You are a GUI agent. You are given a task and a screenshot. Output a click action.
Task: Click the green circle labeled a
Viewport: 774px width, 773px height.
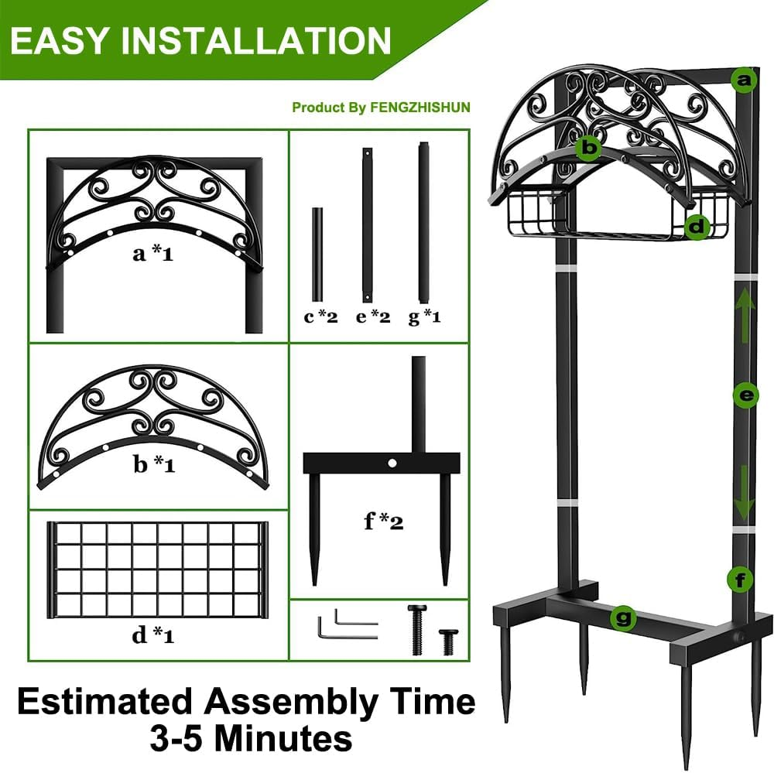743,79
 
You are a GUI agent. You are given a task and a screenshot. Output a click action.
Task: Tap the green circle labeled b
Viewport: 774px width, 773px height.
590,146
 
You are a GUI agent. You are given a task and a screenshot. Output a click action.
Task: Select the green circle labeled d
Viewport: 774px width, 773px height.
697,227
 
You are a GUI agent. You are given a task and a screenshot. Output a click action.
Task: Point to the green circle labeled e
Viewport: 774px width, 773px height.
745,396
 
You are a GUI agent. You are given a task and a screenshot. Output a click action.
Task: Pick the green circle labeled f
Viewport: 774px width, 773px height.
740,578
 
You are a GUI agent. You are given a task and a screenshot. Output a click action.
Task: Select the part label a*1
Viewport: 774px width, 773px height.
152,253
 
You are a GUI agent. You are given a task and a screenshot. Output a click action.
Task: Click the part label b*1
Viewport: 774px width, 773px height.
153,465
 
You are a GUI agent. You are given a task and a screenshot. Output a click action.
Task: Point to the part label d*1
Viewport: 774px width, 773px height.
153,636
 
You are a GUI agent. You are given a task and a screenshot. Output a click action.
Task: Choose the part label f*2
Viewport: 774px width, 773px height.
384,522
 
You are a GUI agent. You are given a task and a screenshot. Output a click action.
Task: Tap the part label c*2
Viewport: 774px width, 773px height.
320,316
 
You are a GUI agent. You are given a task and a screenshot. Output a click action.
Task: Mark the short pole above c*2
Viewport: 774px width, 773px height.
317,255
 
